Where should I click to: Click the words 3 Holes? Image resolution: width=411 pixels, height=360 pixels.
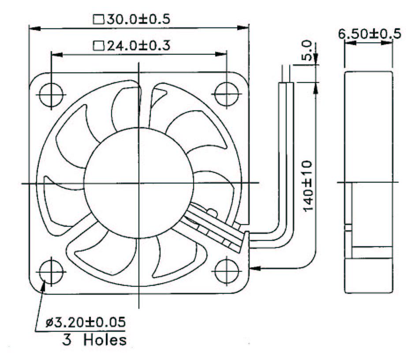click(93, 340)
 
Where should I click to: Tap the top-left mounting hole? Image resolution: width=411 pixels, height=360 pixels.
click(51, 94)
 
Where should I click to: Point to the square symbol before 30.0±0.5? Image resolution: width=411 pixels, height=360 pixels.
click(98, 19)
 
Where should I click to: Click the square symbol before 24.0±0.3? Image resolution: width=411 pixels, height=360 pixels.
click(98, 46)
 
